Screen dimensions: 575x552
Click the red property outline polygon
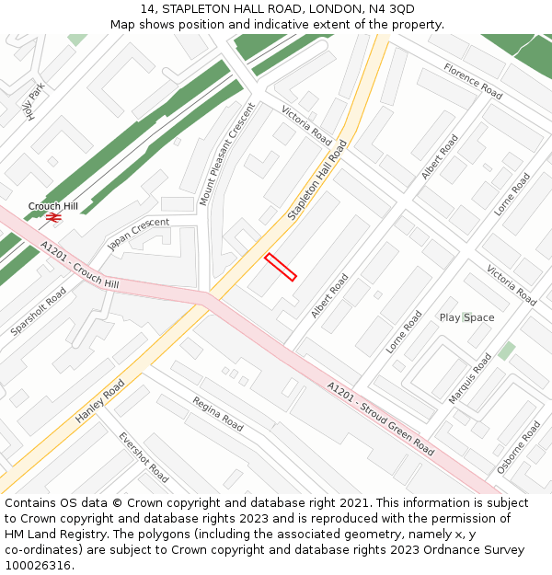281,266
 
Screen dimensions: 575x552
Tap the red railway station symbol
53,217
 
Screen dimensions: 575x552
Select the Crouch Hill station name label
53,206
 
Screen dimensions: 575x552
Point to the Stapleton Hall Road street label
317,180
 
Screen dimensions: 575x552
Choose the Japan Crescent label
138,235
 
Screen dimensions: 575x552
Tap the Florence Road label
473,81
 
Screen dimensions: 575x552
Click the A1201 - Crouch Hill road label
80,266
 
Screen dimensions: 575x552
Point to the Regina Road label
218,413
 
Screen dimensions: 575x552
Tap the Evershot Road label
144,457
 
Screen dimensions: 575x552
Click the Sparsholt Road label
39,310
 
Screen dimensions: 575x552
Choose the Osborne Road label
519,447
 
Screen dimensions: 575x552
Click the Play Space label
466,317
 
